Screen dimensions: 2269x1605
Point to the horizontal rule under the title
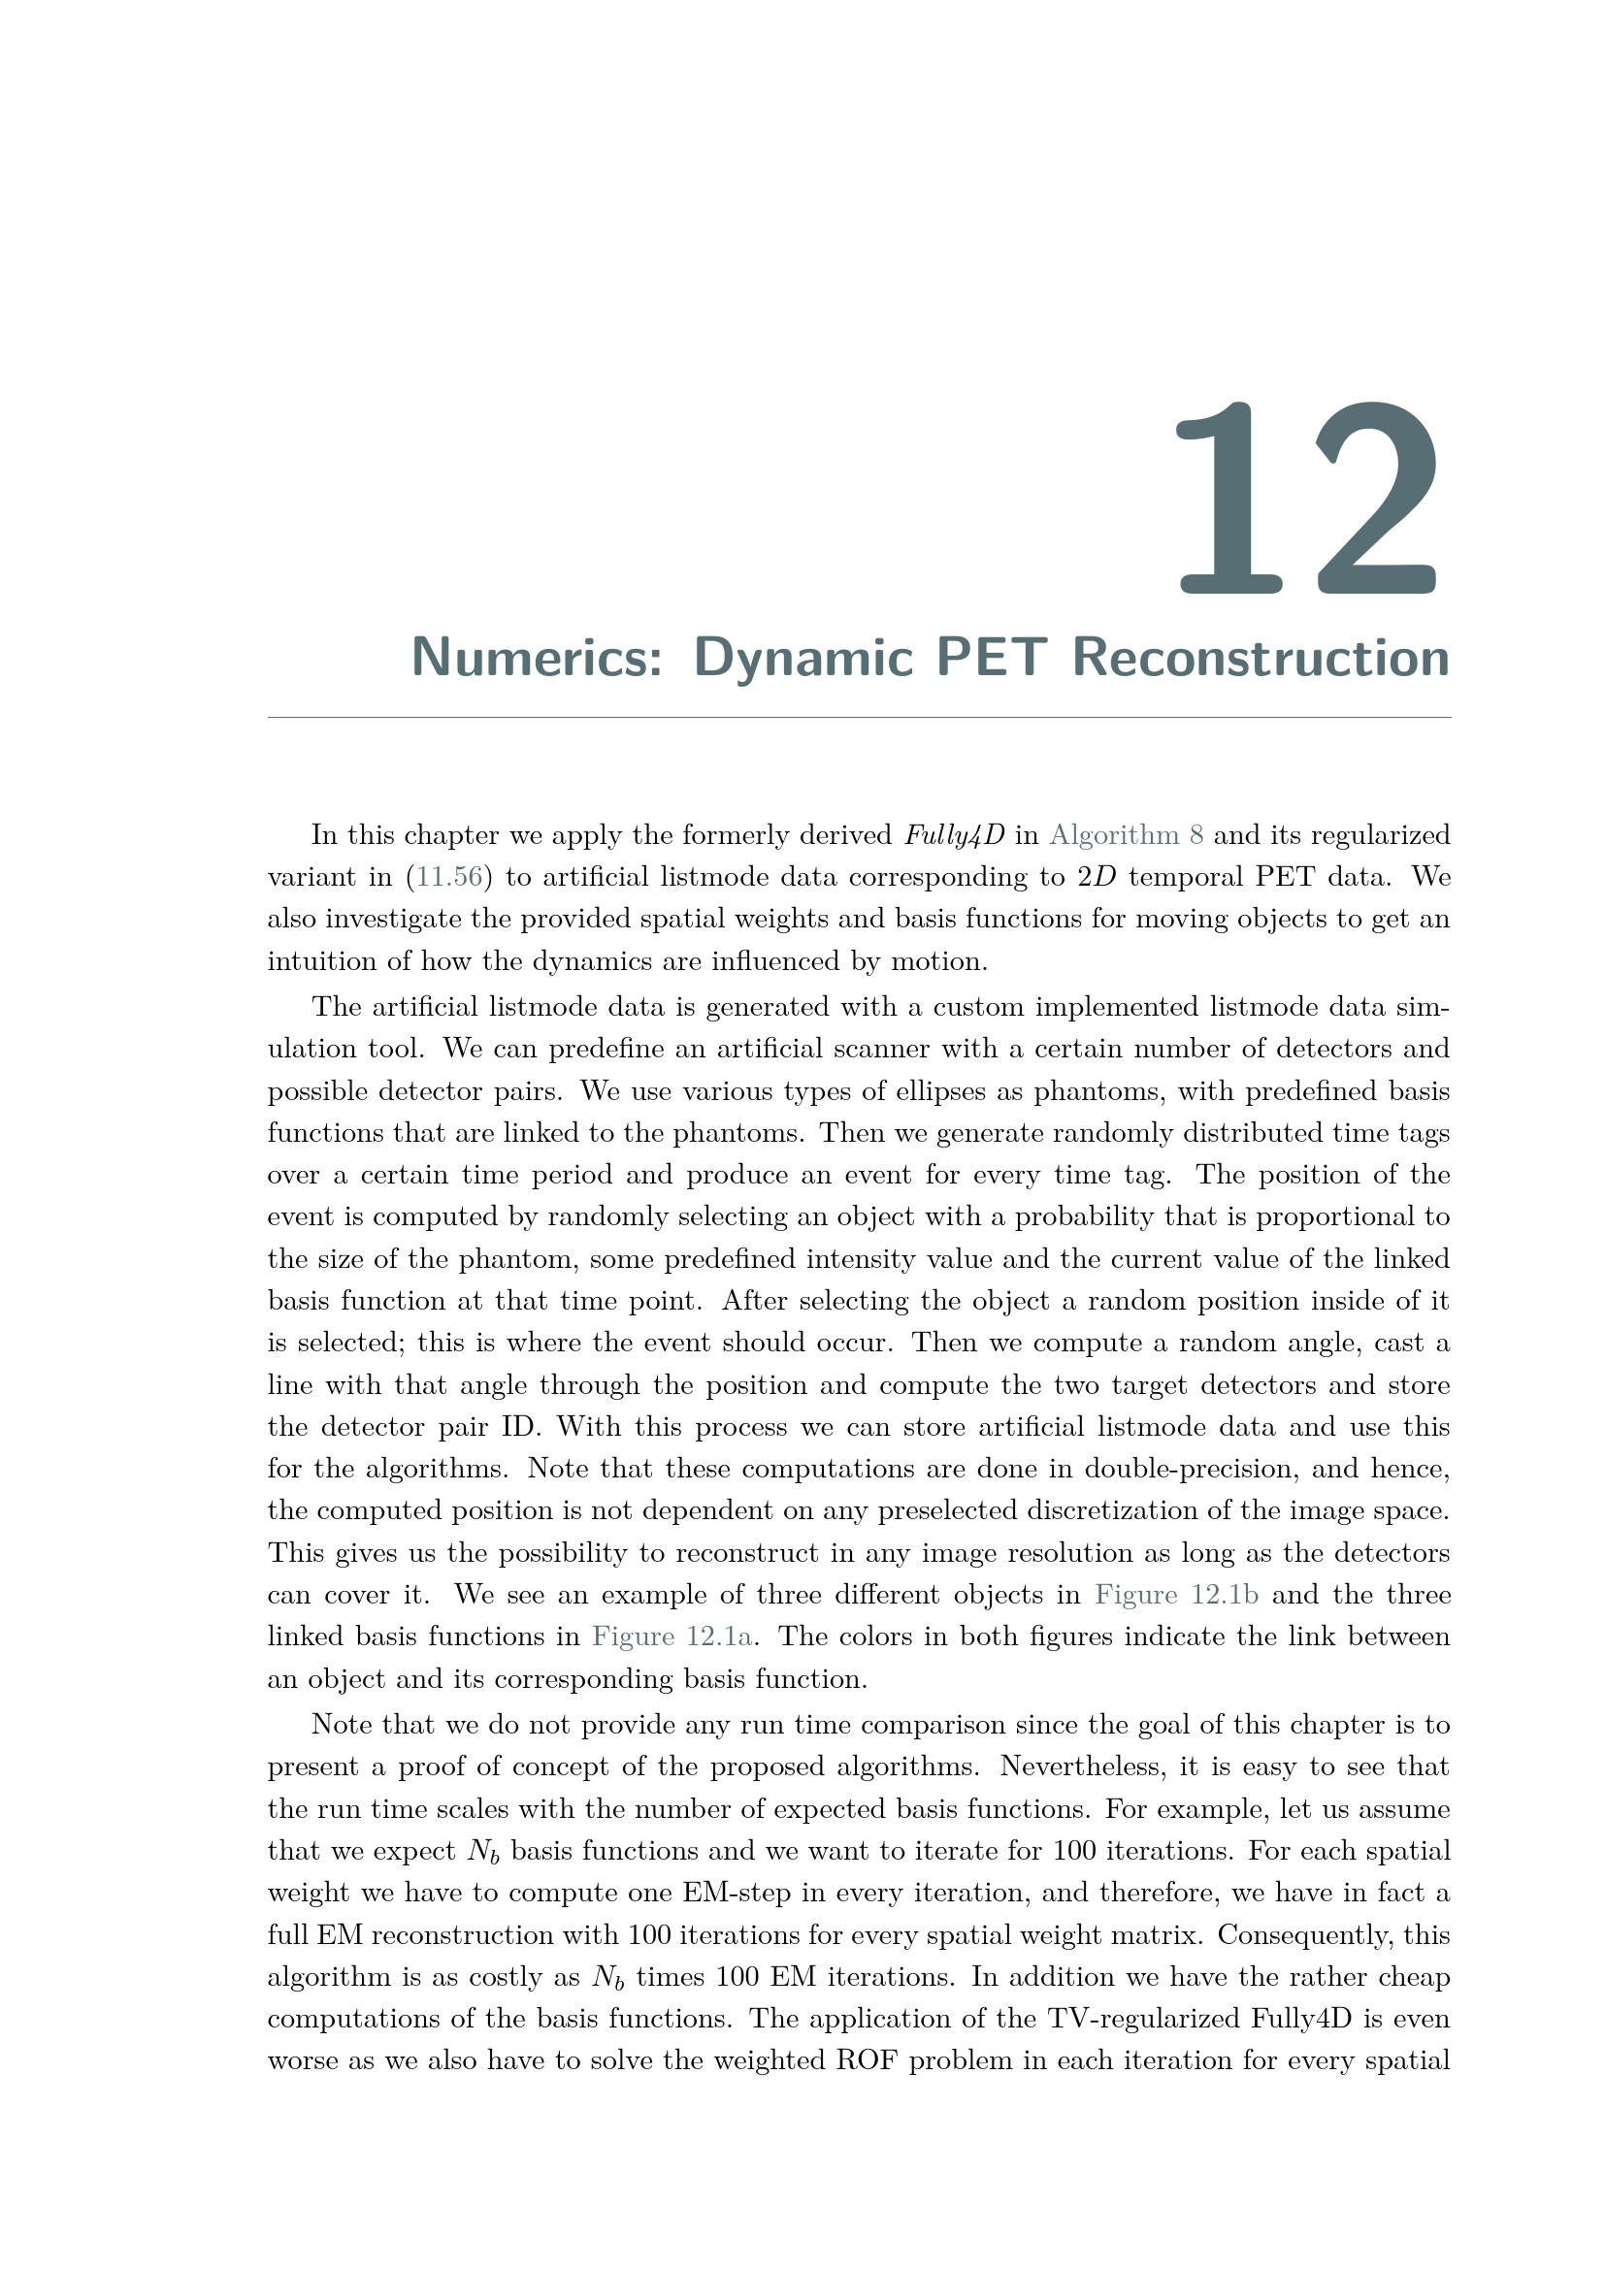click(x=858, y=718)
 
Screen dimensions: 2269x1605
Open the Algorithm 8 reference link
click(x=1126, y=835)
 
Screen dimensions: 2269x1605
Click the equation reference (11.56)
click(x=448, y=877)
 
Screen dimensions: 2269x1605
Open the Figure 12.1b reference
click(x=1176, y=1595)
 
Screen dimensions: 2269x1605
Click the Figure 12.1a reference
click(x=674, y=1637)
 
